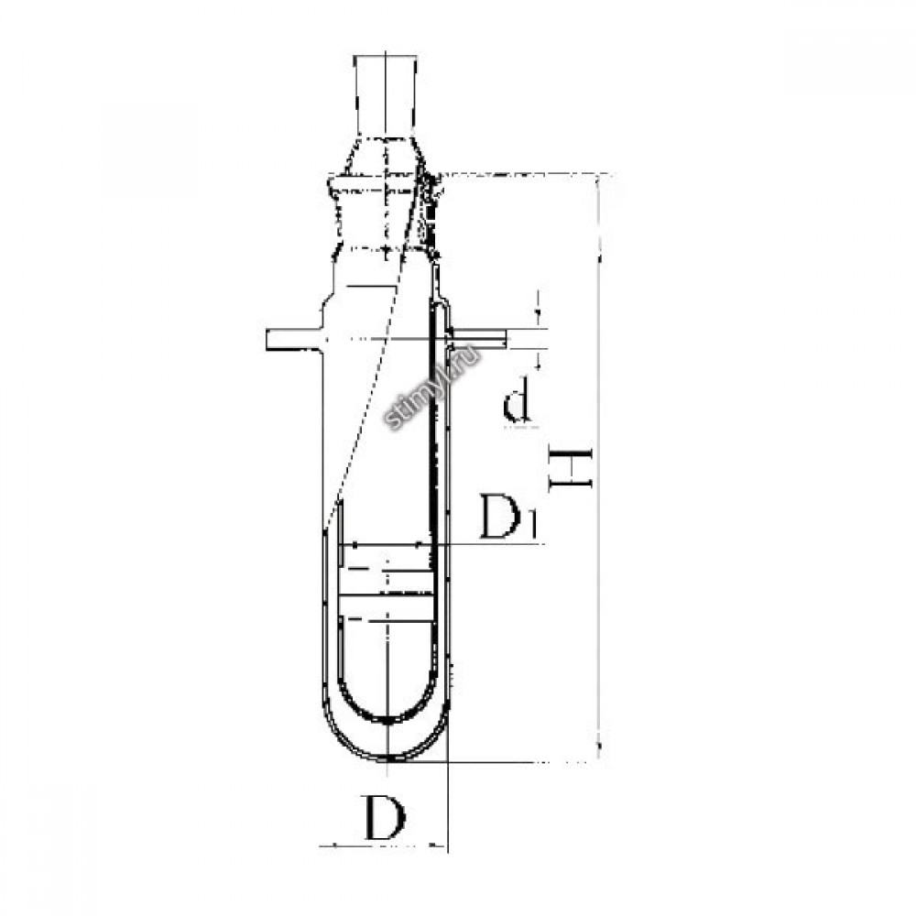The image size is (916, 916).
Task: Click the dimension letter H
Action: (572, 468)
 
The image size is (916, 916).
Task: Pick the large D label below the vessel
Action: (385, 816)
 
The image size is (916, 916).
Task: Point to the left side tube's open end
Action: (267, 340)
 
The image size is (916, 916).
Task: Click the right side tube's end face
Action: (507, 340)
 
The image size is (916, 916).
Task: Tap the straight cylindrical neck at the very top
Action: (385, 96)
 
